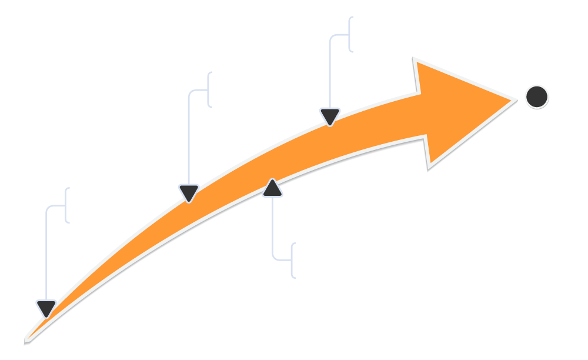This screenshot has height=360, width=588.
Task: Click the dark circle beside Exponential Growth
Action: [536, 97]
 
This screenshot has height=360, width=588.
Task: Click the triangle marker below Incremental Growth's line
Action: [46, 308]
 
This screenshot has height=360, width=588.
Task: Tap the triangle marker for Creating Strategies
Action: [330, 116]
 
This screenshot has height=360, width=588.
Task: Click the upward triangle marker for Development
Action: [272, 187]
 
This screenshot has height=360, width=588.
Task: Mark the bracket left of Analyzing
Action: [209, 90]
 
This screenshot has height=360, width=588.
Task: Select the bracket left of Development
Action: [292, 260]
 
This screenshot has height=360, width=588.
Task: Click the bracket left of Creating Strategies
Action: [350, 34]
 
